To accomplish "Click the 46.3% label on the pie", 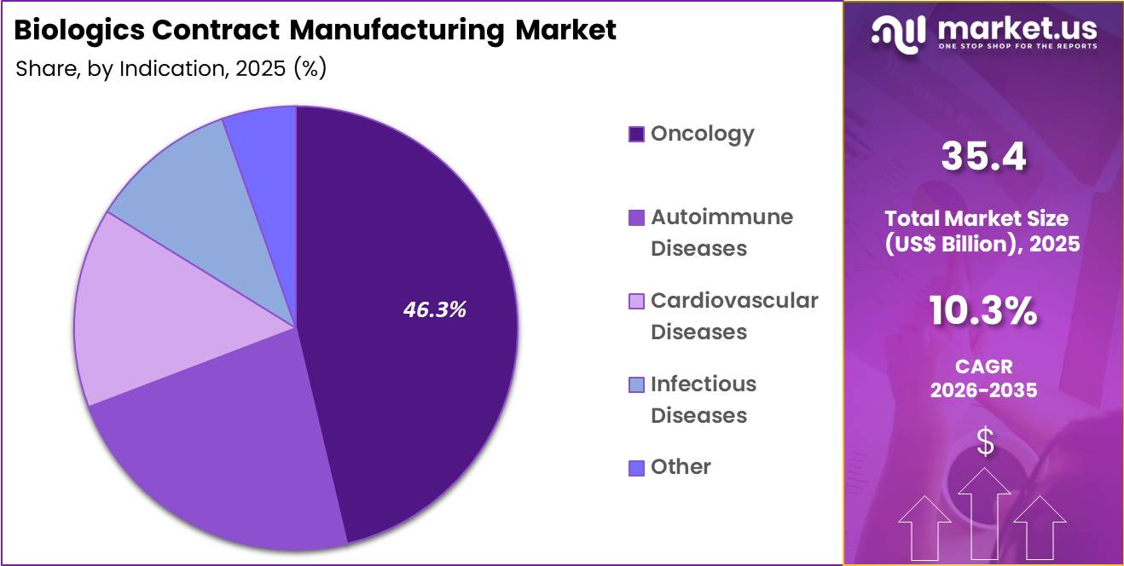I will click(435, 309).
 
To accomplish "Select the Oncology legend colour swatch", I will click(636, 134).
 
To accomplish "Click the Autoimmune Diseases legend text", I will click(710, 233).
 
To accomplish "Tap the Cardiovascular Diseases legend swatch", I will click(636, 301).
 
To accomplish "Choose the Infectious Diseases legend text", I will click(703, 400).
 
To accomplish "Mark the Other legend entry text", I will click(681, 466).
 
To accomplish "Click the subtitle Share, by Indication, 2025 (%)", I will click(171, 68).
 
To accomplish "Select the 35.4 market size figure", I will click(983, 156).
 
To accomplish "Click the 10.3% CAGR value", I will click(983, 313).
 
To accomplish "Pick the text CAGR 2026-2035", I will click(983, 378).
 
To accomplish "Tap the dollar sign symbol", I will click(985, 442).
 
